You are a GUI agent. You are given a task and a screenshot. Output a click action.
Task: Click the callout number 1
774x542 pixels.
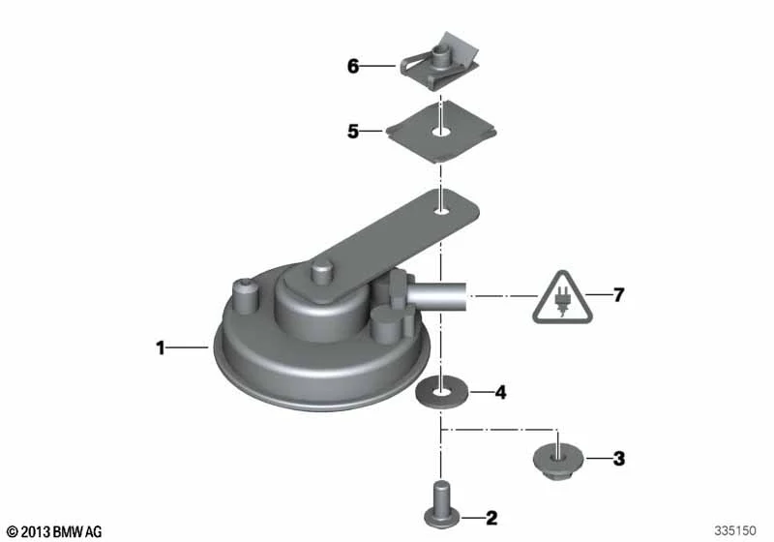[160, 348]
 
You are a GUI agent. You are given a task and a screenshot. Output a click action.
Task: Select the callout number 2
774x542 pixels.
[491, 519]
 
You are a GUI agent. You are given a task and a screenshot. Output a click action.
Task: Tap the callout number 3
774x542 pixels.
[619, 459]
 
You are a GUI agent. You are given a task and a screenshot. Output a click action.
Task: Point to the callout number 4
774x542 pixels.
[500, 392]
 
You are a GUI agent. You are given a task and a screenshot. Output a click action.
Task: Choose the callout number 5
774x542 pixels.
[353, 132]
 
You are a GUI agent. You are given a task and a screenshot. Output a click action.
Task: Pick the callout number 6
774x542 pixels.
[353, 66]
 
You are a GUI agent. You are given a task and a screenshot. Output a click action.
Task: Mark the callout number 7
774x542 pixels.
[619, 294]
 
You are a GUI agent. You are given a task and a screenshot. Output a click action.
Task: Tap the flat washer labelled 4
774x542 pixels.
[441, 392]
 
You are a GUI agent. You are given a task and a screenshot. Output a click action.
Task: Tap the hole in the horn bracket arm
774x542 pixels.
[442, 212]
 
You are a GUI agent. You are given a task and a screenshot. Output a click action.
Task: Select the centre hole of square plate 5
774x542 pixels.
[441, 133]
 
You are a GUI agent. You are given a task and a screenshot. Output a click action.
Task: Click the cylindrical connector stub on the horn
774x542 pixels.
[437, 295]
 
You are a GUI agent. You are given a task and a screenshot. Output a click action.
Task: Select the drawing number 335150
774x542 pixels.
[735, 530]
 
